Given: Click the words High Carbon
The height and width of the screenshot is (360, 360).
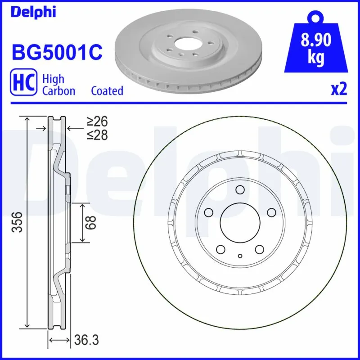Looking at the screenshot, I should point(58,85).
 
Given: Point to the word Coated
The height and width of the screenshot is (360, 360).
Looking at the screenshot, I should point(107,90).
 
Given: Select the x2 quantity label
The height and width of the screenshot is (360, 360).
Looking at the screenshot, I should point(339,90).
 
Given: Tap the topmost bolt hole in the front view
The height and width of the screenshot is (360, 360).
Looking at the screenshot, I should point(239,189).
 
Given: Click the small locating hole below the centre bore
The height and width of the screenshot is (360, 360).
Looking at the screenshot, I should point(240,256).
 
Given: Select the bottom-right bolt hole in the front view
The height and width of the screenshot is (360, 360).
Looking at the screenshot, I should point(259,249).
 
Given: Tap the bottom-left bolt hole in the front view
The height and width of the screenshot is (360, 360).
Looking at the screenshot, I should point(220,249).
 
